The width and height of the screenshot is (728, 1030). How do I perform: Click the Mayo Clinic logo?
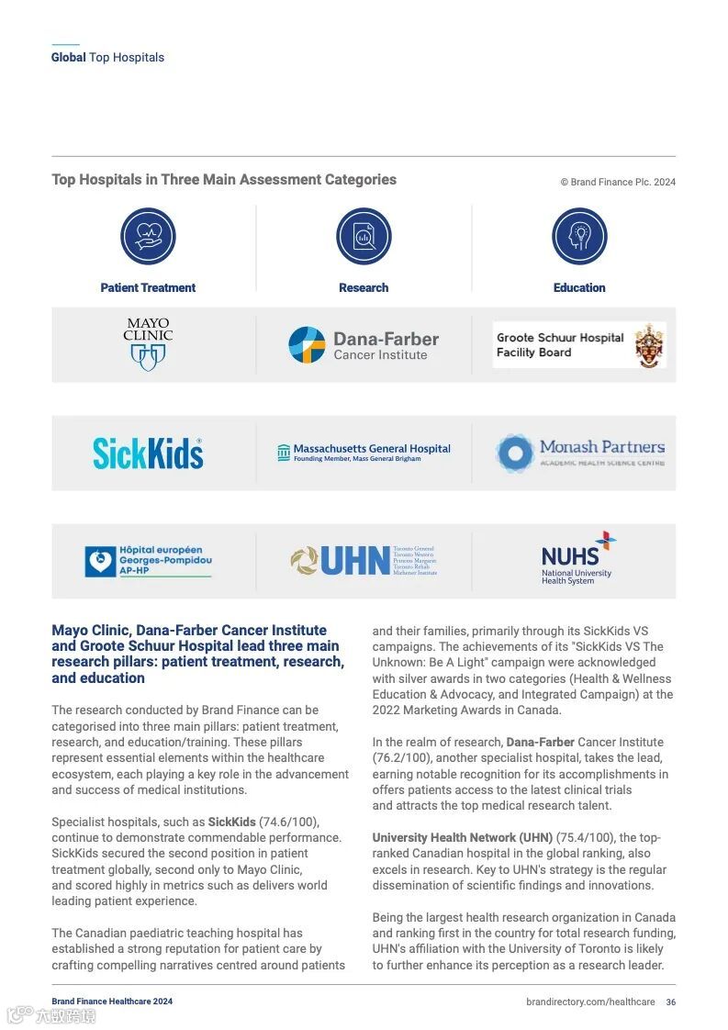pos(148,344)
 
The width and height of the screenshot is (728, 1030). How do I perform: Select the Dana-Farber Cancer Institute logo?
pos(364,344)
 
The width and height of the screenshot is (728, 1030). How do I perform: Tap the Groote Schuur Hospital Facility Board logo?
pos(579,345)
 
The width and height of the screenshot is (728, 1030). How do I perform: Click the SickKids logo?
pos(148,453)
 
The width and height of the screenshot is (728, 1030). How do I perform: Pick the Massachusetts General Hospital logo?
pos(364,453)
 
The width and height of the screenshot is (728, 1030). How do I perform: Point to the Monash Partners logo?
pos(580,453)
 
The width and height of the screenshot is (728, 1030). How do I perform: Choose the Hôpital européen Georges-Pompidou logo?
pos(148,561)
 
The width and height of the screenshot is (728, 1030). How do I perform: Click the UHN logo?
pos(364,561)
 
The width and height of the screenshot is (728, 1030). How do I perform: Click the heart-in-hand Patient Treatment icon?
pos(148,237)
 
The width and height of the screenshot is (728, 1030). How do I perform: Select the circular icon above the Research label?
pos(364,237)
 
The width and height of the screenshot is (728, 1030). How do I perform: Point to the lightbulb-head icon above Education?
pos(579,237)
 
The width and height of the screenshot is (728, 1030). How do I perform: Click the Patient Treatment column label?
pos(148,287)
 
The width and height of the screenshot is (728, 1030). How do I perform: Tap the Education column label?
pos(579,287)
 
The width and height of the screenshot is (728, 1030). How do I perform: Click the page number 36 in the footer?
pos(671,1002)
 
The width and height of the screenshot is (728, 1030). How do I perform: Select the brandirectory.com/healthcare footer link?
pos(590,1002)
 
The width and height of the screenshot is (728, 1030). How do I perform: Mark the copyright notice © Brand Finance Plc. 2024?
pos(618,182)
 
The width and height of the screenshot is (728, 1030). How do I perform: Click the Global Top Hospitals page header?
pos(107,57)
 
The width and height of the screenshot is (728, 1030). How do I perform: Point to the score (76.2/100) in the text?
pos(400,758)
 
